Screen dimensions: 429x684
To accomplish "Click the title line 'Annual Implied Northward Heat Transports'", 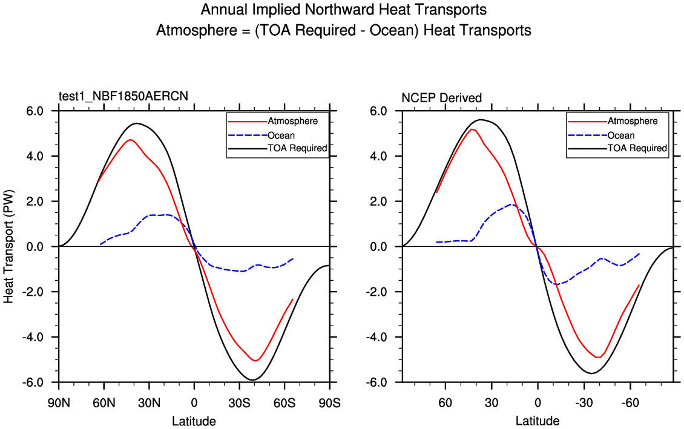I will [343, 10].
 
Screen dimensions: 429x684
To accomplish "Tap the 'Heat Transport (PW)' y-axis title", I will [9, 246].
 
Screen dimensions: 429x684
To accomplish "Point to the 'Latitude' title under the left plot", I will [194, 421].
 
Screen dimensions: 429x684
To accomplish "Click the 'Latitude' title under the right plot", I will [538, 421].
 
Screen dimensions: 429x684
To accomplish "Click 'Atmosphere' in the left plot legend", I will [292, 121].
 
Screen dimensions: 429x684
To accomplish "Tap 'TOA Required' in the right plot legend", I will [637, 148].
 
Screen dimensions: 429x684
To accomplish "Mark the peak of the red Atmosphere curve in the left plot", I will [130, 139].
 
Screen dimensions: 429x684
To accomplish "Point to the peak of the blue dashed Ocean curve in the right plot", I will [512, 205].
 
